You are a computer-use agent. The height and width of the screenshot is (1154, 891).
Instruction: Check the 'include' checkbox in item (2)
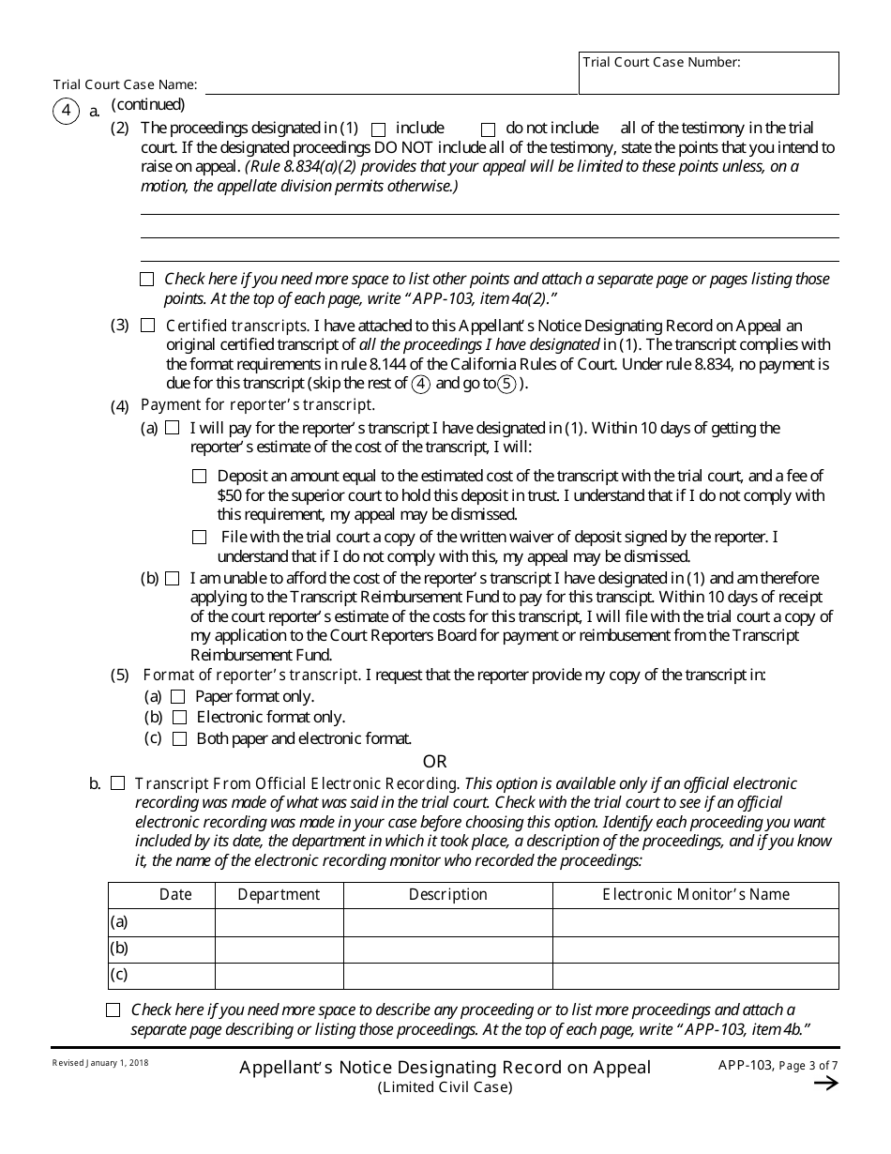[x=379, y=129]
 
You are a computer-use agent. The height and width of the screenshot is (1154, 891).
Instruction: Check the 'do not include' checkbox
[x=488, y=129]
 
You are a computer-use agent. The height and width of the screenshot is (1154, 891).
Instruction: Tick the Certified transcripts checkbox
[x=147, y=326]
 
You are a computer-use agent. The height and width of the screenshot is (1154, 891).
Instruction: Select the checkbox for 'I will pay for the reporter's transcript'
[x=172, y=428]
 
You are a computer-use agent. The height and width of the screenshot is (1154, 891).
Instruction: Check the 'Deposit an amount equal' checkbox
[x=199, y=477]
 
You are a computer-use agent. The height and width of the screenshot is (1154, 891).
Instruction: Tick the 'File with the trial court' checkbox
[x=199, y=538]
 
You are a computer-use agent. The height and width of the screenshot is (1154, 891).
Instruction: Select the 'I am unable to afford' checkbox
[x=172, y=579]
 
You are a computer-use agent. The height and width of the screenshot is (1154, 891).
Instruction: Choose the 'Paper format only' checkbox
[x=178, y=697]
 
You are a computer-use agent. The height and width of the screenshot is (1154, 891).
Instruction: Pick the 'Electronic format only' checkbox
[x=179, y=718]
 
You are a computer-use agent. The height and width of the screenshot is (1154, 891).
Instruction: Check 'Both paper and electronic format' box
[x=179, y=739]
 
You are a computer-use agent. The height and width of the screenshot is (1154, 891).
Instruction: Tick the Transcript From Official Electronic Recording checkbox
[x=118, y=782]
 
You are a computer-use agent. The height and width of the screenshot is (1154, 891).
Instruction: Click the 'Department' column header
[x=279, y=895]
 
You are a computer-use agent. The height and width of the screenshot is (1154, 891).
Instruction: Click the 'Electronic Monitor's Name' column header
[x=695, y=895]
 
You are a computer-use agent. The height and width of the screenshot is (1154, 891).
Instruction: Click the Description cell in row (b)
[x=447, y=949]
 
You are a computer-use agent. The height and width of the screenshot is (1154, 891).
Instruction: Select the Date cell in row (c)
[x=174, y=975]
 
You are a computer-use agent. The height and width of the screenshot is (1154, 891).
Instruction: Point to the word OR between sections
[x=435, y=761]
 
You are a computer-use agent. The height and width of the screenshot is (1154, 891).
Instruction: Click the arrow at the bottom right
[x=825, y=1084]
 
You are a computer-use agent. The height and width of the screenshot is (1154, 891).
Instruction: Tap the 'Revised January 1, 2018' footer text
[x=99, y=1063]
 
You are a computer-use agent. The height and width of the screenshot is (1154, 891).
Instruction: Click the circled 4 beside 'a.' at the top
[x=66, y=112]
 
